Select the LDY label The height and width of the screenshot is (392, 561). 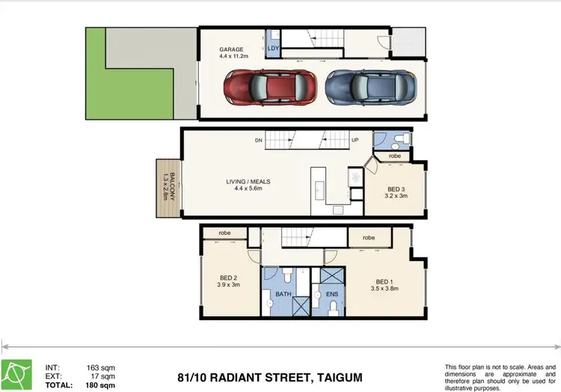click(x=273, y=50)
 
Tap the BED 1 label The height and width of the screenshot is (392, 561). click(x=386, y=286)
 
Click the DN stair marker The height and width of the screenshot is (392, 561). click(x=257, y=140)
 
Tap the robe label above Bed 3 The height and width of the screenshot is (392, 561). click(x=394, y=156)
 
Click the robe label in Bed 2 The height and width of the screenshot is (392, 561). click(x=224, y=233)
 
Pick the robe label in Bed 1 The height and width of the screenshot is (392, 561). click(x=369, y=237)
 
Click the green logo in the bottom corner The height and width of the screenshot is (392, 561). click(x=16, y=374)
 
